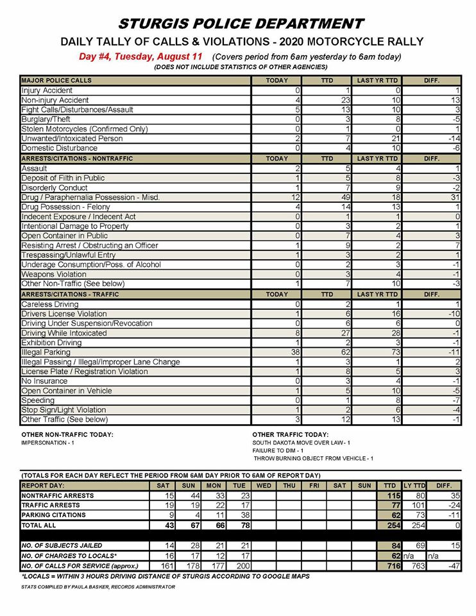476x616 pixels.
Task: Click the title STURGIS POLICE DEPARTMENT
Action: click(x=241, y=24)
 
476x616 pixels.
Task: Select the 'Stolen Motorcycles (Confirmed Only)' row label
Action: click(x=80, y=129)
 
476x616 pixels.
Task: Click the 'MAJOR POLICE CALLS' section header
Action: click(x=56, y=81)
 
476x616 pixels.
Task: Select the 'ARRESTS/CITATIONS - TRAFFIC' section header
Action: click(x=75, y=294)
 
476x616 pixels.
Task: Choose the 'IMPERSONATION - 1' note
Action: click(x=48, y=443)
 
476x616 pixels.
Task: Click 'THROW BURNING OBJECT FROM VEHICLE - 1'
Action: click(x=314, y=459)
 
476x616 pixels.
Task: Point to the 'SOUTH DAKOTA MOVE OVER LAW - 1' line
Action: click(x=302, y=443)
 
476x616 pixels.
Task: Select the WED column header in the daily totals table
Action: click(x=264, y=486)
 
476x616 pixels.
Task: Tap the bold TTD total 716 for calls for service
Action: click(x=392, y=566)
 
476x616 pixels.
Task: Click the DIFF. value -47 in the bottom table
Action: click(x=454, y=566)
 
